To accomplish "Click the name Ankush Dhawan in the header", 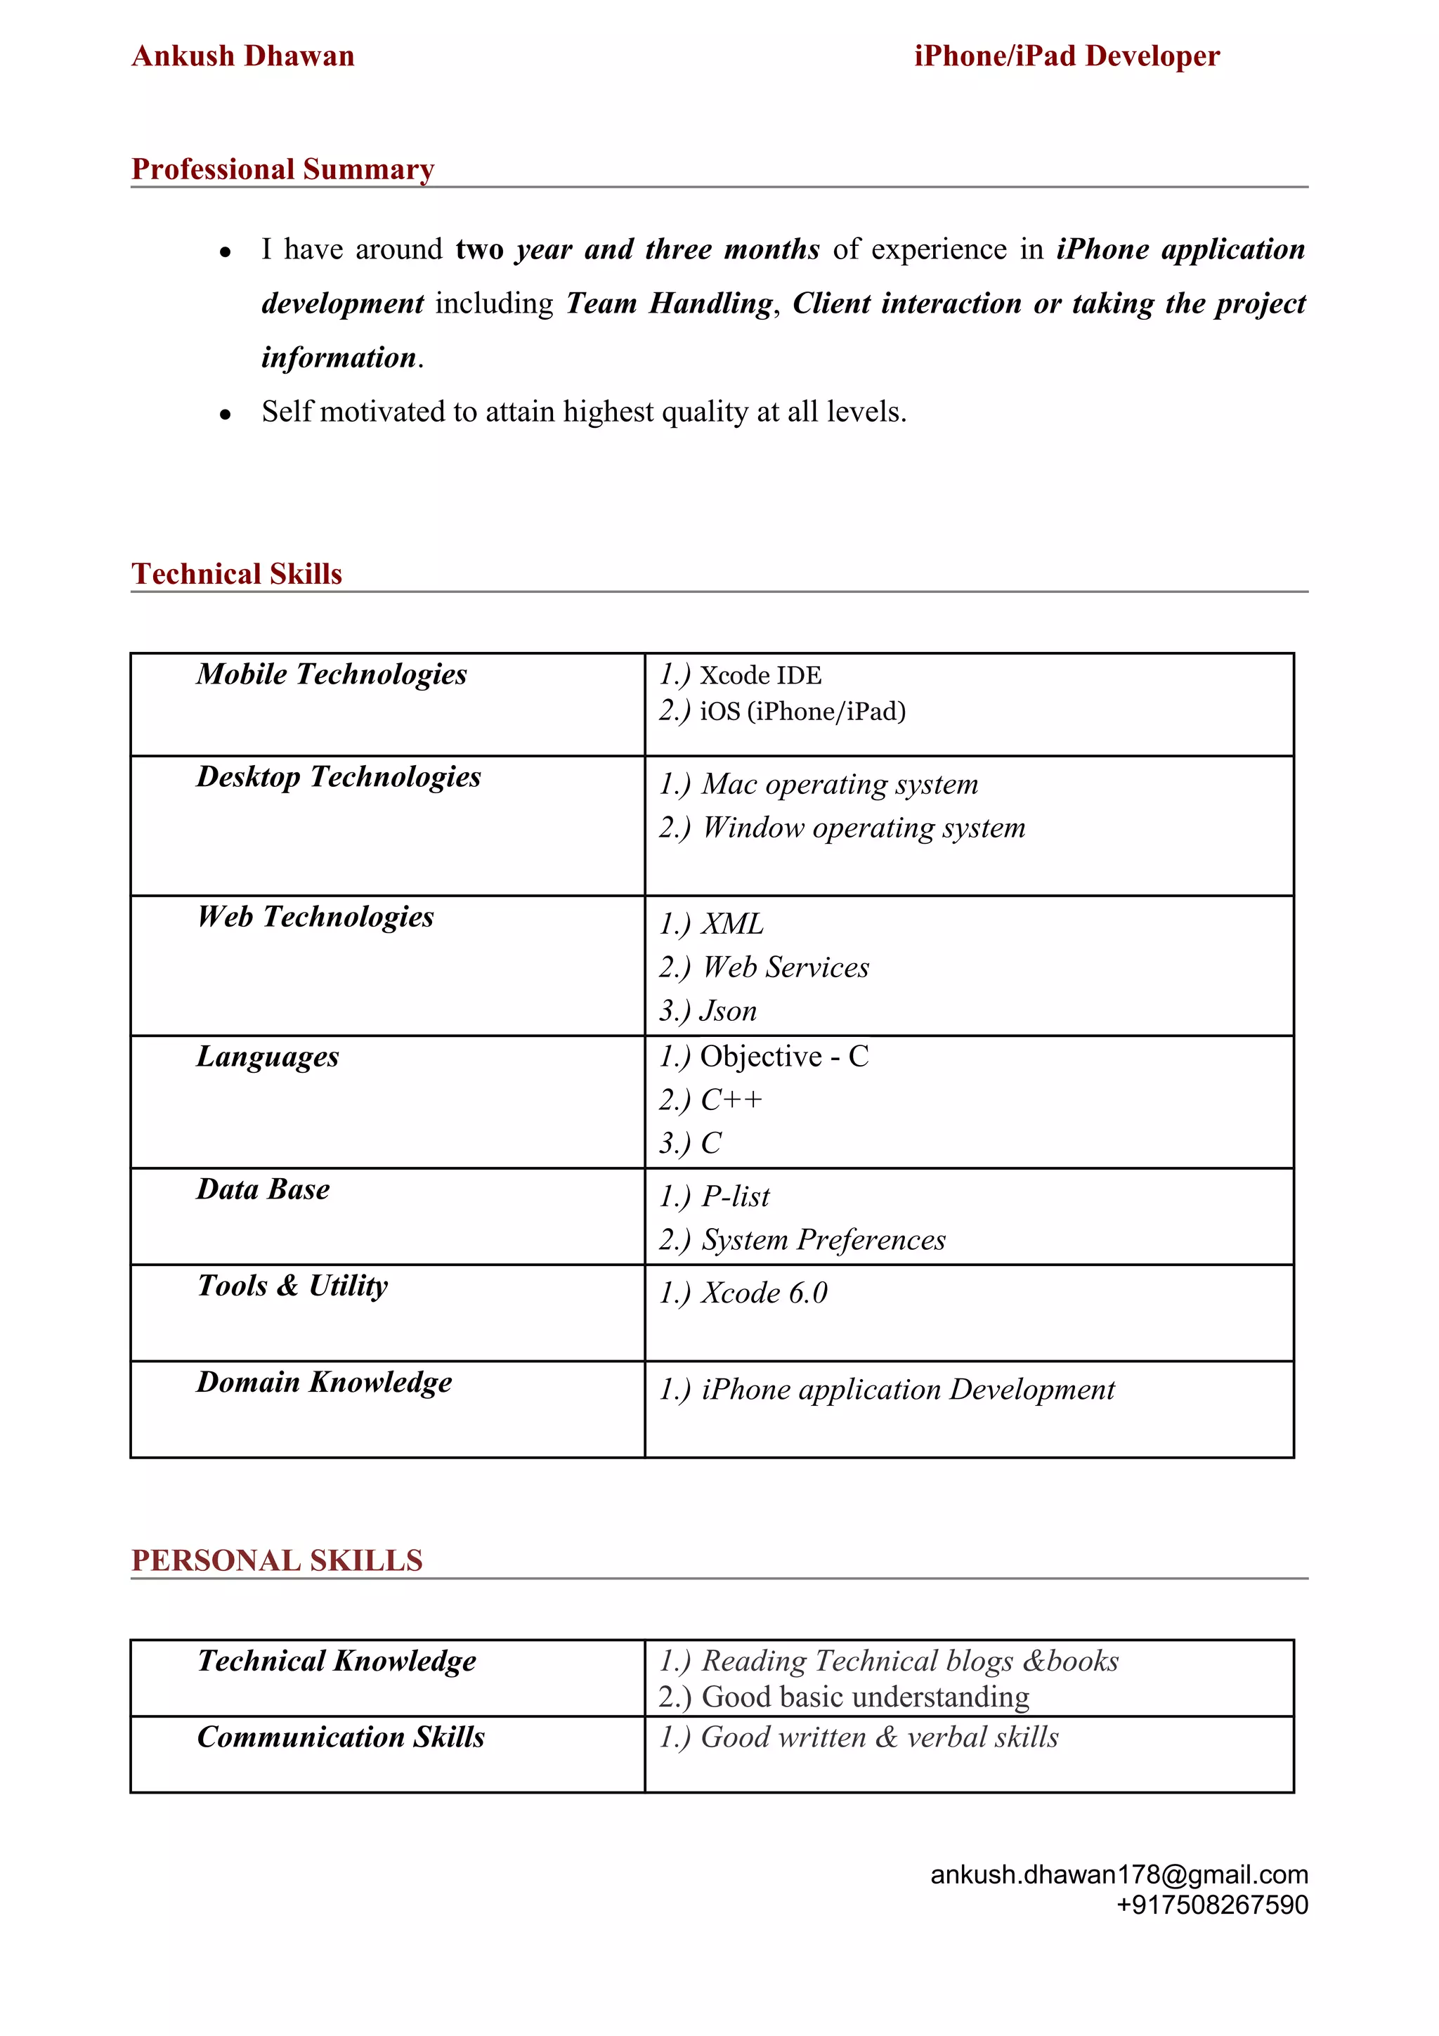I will pyautogui.click(x=243, y=56).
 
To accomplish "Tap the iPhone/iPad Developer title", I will pyautogui.click(x=1067, y=56).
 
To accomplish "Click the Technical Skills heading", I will pyautogui.click(x=237, y=574).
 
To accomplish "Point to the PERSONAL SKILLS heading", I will pyautogui.click(x=277, y=1560).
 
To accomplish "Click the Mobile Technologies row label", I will pyautogui.click(x=332, y=674).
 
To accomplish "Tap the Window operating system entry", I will pyautogui.click(x=863, y=828).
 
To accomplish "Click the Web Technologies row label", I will pyautogui.click(x=315, y=916).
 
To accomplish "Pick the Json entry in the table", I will pyautogui.click(x=728, y=1010).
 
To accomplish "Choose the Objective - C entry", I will pyautogui.click(x=783, y=1056).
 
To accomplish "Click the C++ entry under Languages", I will pyautogui.click(x=731, y=1099).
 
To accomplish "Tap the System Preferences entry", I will pyautogui.click(x=823, y=1240).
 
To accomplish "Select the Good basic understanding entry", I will pyautogui.click(x=864, y=1697).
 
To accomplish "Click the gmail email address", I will pyautogui.click(x=1119, y=1874).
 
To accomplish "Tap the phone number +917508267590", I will pyautogui.click(x=1211, y=1905).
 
